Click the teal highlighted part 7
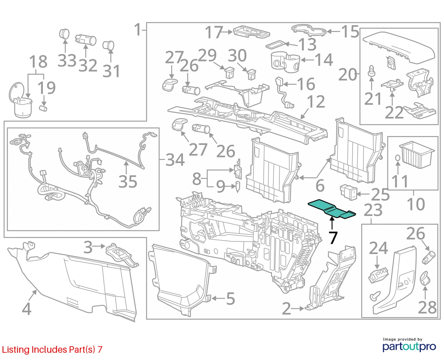(332, 210)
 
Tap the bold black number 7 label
(333, 238)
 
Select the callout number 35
(128, 181)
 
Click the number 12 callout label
(316, 102)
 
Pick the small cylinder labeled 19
(43, 109)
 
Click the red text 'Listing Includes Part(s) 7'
(52, 349)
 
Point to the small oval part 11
(398, 158)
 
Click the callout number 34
(175, 160)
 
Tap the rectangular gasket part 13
(275, 45)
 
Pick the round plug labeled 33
(64, 34)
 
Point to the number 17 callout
(214, 32)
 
